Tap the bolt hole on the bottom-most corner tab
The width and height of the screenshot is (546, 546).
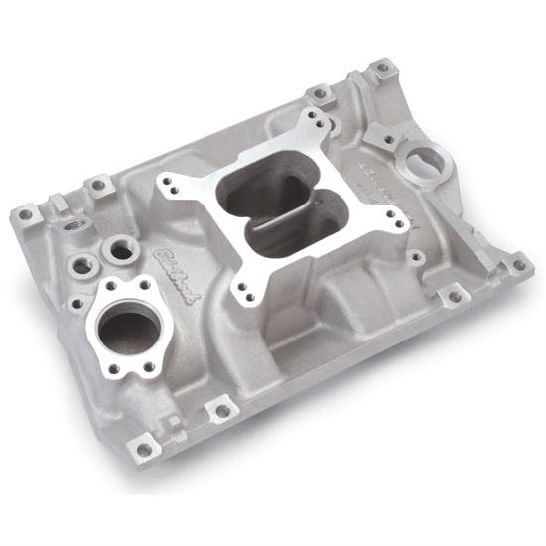click(145, 449)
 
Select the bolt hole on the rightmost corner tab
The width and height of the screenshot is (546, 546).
click(517, 265)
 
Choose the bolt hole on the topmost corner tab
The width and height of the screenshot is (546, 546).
click(382, 68)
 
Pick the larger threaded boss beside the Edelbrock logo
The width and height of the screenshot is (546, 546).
click(120, 251)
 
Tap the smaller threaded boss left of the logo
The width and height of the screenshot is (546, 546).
click(83, 265)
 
